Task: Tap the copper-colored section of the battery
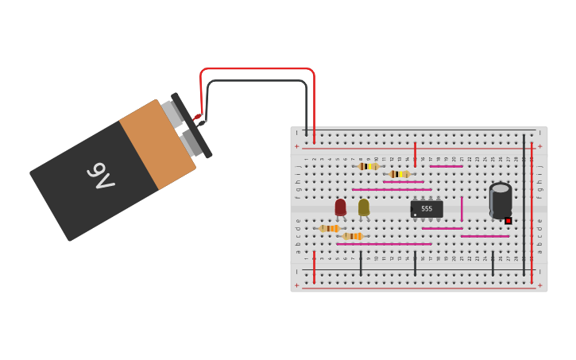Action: (157, 146)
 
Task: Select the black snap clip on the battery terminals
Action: (191, 126)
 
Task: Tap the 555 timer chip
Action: (427, 208)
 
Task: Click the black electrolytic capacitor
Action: (501, 200)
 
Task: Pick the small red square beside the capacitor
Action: (508, 221)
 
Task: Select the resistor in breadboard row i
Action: (399, 174)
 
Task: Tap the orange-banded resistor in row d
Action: (329, 228)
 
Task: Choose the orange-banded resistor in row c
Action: (352, 236)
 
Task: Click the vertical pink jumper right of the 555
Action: (462, 208)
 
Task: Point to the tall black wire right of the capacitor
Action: (524, 203)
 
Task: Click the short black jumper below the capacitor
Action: (493, 263)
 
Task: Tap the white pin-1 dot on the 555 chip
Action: (415, 215)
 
